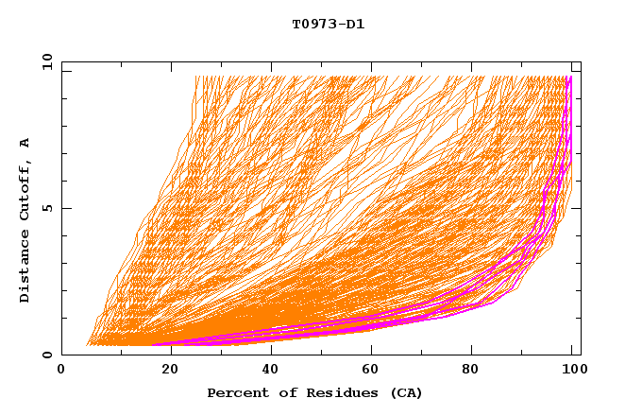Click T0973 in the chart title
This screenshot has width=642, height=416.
pos(312,25)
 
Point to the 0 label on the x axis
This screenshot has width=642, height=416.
pos(61,372)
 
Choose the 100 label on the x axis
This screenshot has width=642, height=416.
pos(572,372)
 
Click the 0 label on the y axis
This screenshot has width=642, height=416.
pos(45,355)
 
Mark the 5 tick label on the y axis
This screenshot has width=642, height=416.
pos(45,208)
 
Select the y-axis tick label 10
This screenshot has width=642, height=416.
pos(45,62)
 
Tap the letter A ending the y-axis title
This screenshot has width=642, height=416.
pos(25,143)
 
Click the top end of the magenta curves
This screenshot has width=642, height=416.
pos(568,78)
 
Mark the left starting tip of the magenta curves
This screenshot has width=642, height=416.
pos(154,344)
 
